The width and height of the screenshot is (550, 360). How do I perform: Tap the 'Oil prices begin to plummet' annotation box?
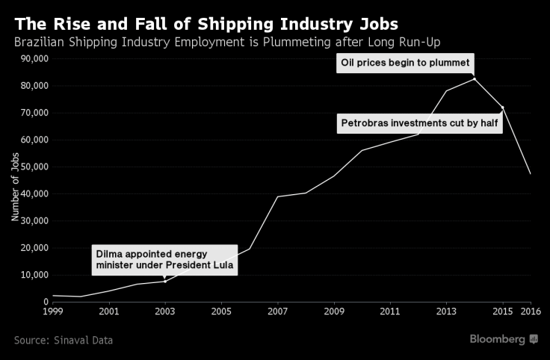405,63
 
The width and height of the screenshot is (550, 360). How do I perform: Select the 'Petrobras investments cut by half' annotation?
419,122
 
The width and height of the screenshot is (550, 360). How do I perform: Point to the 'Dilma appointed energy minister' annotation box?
164,259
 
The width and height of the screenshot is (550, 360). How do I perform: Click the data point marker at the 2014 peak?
475,78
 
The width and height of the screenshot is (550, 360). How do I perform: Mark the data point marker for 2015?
502,108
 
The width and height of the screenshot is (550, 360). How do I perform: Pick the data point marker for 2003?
164,281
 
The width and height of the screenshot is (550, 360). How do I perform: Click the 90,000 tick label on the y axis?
34,59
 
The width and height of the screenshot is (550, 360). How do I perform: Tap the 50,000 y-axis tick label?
34,167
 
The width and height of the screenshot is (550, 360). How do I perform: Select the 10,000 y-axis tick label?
34,275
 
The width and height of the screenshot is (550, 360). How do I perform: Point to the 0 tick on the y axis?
46,302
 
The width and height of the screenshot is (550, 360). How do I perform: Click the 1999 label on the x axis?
53,311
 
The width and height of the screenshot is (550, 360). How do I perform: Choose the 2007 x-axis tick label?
277,311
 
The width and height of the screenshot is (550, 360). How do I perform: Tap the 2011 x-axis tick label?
389,311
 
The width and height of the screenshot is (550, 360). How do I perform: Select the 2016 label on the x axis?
531,311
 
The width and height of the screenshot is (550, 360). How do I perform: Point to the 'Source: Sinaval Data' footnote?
64,340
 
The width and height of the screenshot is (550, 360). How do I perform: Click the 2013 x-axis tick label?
446,311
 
